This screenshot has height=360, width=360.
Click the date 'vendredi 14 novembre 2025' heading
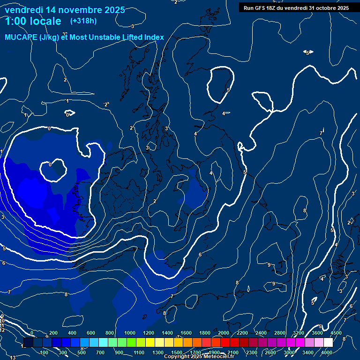click(65, 10)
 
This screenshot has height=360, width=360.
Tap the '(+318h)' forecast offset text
click(83, 21)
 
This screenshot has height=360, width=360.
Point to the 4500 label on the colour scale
click(336, 333)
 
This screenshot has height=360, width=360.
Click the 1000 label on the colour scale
click(129, 333)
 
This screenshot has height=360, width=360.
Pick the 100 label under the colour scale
click(45, 352)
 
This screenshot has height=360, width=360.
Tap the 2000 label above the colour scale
click(224, 333)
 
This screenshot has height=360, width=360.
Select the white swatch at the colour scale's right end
click(328, 343)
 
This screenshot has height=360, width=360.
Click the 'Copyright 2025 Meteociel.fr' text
click(199, 357)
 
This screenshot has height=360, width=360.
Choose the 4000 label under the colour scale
click(327, 352)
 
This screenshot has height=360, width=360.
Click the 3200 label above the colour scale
click(299, 333)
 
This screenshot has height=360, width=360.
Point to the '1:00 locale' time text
click(33, 21)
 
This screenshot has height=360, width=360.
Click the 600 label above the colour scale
click(91, 333)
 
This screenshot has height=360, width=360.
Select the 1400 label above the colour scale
click(167, 333)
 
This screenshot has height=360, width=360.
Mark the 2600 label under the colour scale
click(270, 352)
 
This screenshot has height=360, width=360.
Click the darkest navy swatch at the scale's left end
click(28, 343)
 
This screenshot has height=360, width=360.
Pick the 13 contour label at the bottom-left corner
click(13, 358)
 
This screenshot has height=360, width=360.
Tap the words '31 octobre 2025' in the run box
click(329, 8)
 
